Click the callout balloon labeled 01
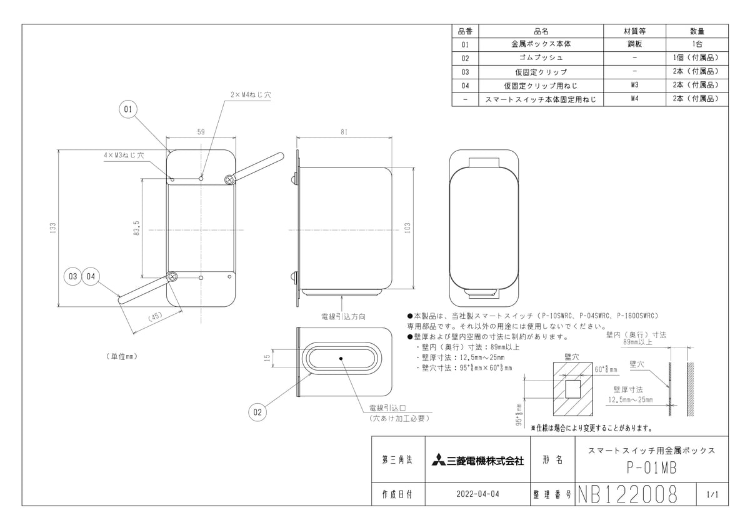(127, 110)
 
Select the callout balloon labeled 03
(73, 276)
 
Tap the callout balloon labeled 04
(91, 276)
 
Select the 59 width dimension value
(201, 132)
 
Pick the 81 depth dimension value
(344, 132)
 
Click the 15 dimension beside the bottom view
(267, 358)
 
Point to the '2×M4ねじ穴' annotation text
(251, 95)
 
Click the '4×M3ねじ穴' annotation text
(124, 154)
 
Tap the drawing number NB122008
(626, 494)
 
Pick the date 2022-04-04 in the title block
(478, 494)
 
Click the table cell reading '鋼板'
(634, 44)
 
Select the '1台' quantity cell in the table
(697, 44)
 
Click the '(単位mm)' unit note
(117, 356)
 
